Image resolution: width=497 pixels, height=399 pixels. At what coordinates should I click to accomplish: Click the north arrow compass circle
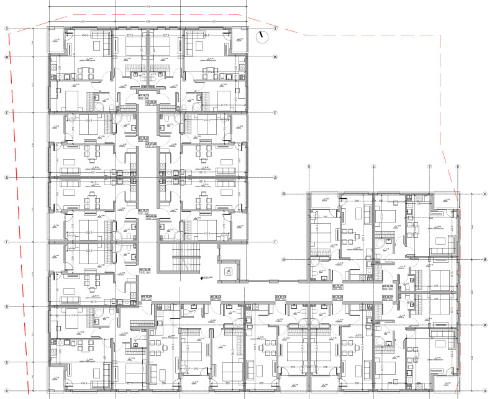point(262,37)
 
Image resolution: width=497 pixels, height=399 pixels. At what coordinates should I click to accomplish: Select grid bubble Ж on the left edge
point(7,58)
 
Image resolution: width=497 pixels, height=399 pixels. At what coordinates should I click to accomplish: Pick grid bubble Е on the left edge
point(7,113)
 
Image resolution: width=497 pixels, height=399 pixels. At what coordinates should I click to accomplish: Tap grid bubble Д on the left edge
point(7,177)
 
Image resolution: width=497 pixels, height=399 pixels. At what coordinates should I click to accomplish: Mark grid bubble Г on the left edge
point(7,241)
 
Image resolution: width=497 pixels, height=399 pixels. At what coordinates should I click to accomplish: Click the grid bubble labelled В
point(7,306)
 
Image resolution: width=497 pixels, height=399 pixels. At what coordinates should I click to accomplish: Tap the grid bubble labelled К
point(484,194)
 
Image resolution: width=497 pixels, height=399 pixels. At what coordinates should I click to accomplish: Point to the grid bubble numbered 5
point(308,167)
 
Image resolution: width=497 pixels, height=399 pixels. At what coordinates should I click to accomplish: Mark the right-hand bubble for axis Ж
point(275,58)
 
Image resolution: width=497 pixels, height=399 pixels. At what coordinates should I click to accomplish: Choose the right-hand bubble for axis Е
point(275,113)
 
